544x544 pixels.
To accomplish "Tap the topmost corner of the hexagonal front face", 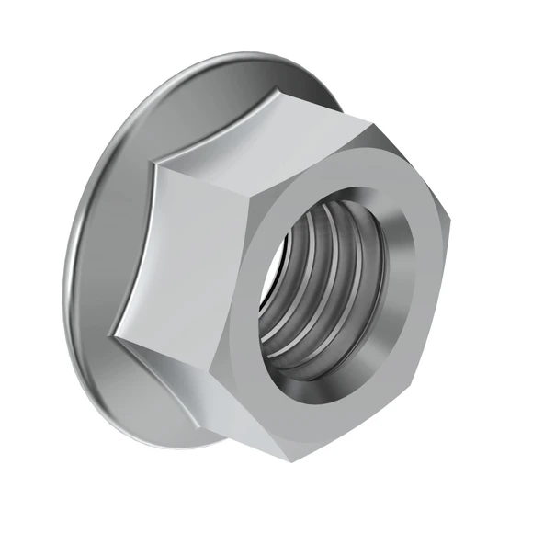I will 369,121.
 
